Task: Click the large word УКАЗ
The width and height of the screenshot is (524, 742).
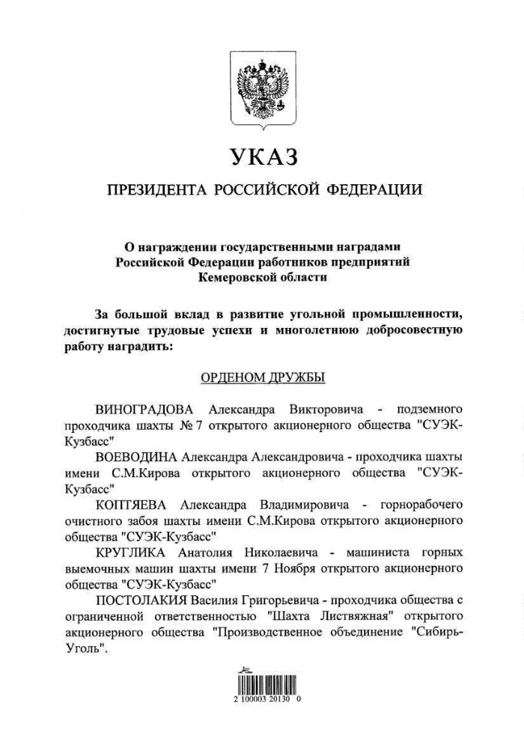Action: coord(263,157)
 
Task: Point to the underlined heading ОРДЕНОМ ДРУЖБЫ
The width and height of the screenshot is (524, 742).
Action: coord(262,377)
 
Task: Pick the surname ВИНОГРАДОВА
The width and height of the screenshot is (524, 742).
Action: coord(144,410)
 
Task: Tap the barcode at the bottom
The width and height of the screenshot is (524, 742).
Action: coord(262,683)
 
